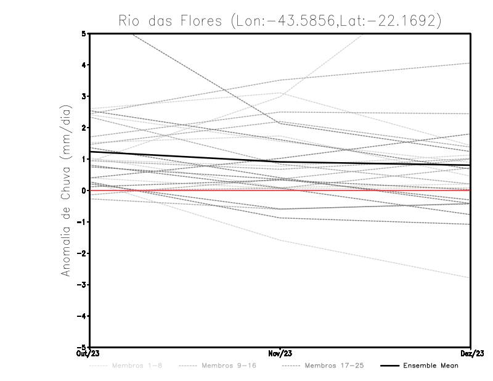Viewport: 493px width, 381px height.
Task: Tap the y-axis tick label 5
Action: (x=83, y=33)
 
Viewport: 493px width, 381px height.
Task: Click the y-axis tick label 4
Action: (x=83, y=65)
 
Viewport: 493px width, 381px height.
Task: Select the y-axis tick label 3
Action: (x=83, y=96)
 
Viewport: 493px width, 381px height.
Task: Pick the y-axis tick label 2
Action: (x=83, y=128)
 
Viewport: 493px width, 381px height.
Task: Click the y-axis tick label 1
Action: (x=83, y=159)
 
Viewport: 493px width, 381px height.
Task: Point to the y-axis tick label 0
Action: (x=83, y=190)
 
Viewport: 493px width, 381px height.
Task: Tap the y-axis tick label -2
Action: (x=81, y=253)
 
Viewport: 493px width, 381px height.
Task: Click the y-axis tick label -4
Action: (x=81, y=316)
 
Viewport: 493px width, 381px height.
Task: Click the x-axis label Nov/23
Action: (x=280, y=353)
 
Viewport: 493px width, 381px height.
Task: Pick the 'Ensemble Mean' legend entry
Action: (x=431, y=366)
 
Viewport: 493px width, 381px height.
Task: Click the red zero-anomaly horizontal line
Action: (x=370, y=190)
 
